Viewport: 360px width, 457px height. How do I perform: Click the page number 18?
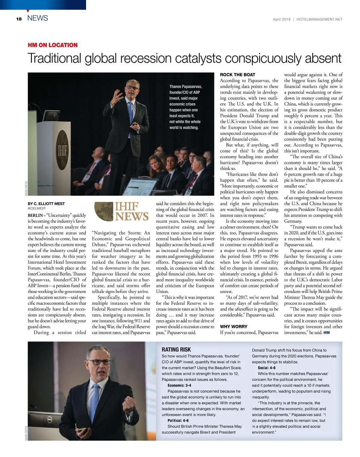(x=19, y=19)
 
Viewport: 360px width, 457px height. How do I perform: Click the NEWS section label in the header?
(x=37, y=18)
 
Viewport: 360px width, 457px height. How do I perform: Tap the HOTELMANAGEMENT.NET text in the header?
(x=319, y=19)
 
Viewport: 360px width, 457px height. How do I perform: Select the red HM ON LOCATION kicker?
(x=52, y=45)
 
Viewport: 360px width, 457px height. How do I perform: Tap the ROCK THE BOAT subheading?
(x=238, y=75)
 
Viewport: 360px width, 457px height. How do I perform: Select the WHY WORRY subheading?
(x=234, y=326)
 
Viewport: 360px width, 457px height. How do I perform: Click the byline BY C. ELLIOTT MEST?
(x=46, y=204)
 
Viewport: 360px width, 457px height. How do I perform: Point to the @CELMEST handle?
(x=37, y=208)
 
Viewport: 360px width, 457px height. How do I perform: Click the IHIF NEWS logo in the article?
(x=121, y=211)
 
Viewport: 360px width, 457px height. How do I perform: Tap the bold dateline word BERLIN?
(x=35, y=215)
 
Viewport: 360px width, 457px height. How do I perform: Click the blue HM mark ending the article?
(x=326, y=333)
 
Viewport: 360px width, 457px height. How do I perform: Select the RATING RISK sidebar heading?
(x=176, y=350)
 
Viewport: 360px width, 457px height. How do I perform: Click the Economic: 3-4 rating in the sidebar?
(x=179, y=385)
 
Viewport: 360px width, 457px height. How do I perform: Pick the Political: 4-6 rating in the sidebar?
(x=178, y=420)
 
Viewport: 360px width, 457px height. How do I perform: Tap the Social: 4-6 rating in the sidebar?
(x=266, y=368)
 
